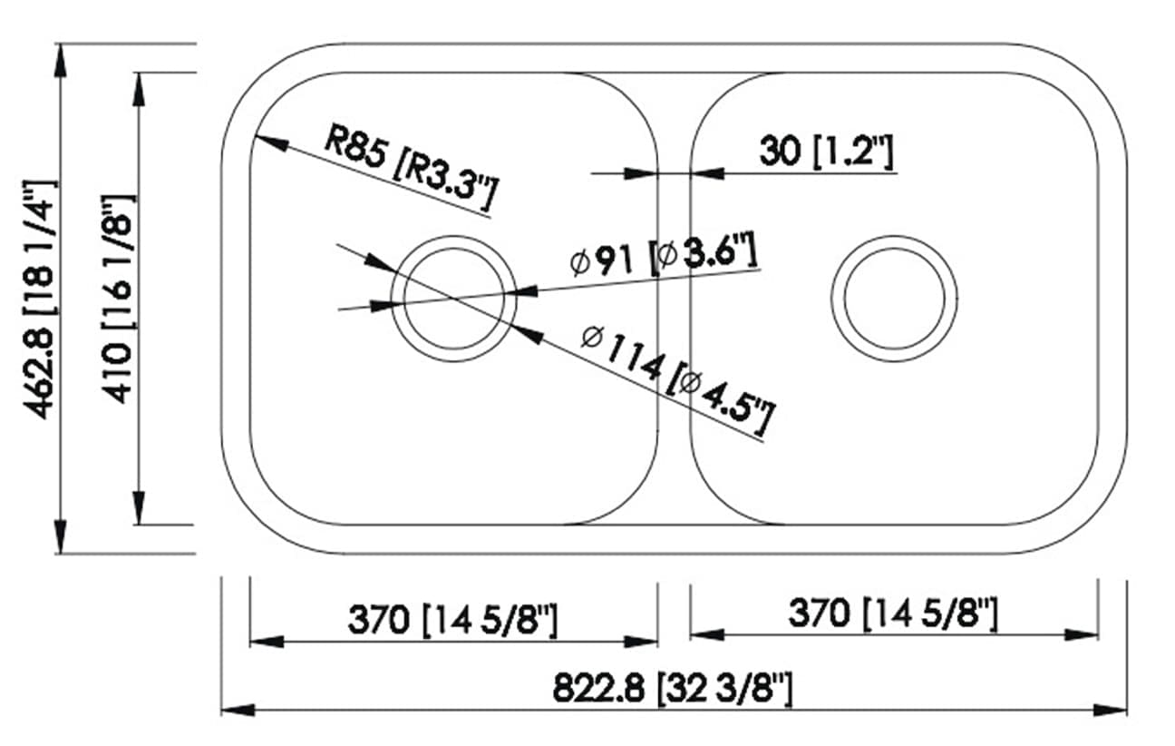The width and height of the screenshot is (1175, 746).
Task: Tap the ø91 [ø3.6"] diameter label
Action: click(x=663, y=255)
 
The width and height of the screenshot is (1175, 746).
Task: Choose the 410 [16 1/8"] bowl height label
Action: click(x=119, y=299)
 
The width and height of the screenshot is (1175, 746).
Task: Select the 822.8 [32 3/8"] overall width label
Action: click(x=673, y=689)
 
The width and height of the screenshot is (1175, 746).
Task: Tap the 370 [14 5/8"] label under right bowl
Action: click(x=892, y=613)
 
